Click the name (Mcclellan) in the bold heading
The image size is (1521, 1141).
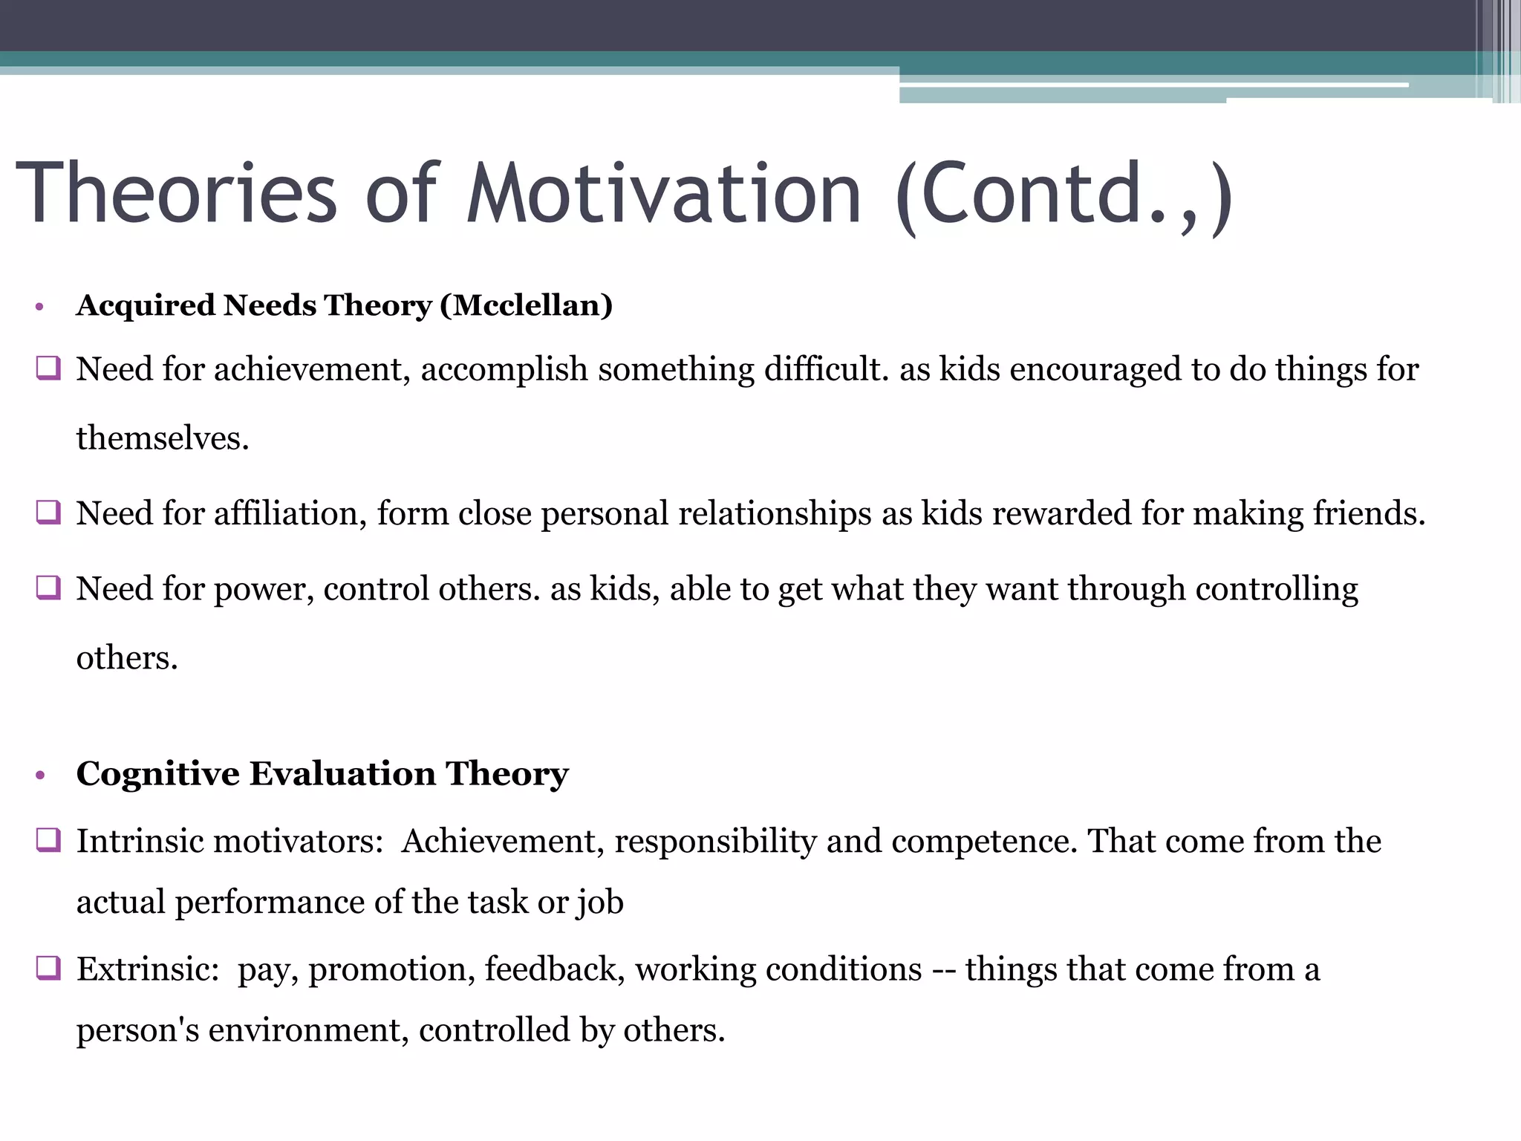click(526, 305)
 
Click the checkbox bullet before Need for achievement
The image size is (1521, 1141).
click(48, 368)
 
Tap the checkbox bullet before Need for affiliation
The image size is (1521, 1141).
click(48, 512)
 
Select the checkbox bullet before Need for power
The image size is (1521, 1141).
click(48, 587)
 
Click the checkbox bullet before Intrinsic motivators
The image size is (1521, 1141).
click(48, 839)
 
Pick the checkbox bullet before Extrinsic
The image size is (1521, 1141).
click(48, 968)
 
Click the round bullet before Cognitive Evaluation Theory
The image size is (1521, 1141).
click(40, 776)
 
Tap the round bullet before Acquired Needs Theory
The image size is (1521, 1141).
click(40, 307)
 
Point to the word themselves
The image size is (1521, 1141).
click(162, 438)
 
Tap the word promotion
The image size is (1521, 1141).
click(391, 970)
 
